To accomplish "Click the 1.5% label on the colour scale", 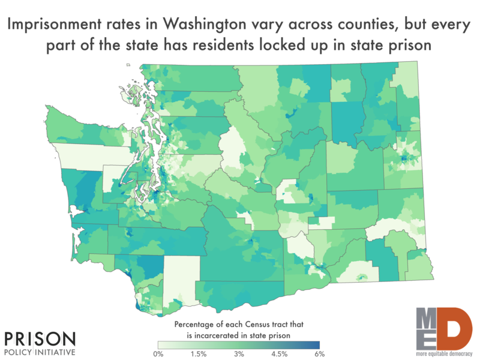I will pos(199,354).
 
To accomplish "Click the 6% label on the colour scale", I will pos(320,354).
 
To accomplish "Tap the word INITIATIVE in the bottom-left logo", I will pos(57,352).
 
